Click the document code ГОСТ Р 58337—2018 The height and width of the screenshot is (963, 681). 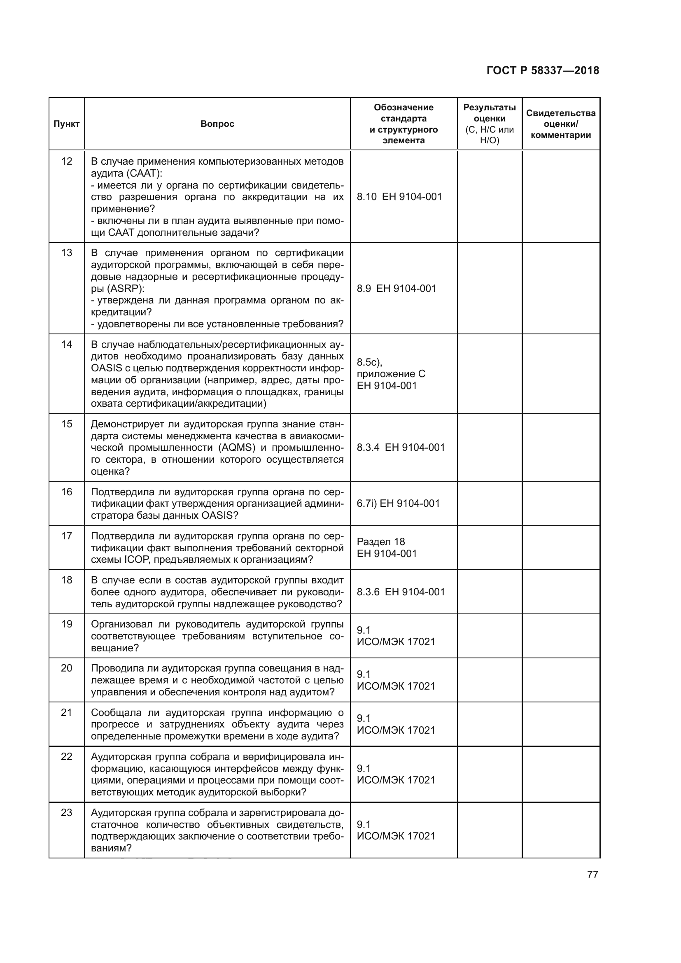tap(543, 70)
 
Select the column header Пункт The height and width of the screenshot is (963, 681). tap(66, 124)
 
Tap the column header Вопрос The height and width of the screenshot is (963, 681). tap(217, 124)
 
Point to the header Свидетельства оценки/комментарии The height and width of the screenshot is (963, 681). tap(561, 124)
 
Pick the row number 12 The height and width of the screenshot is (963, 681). tap(66, 161)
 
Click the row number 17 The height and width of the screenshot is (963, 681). tap(66, 536)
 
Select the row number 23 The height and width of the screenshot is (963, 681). tap(66, 812)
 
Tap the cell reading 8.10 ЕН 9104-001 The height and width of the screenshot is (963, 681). tap(399, 197)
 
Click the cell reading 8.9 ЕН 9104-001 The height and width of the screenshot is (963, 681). tap(396, 288)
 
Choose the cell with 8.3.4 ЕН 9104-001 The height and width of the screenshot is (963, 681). tap(401, 448)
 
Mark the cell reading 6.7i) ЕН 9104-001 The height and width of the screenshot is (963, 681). tap(398, 503)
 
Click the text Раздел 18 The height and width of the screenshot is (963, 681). tap(381, 541)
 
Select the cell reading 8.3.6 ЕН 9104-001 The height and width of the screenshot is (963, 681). tap(401, 592)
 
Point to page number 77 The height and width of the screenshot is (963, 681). tap(592, 874)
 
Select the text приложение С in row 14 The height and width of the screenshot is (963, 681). tap(391, 374)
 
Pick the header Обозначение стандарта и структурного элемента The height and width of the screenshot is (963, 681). tap(403, 124)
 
